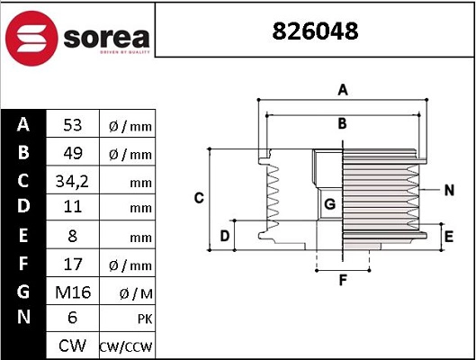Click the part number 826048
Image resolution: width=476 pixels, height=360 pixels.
pyautogui.click(x=315, y=31)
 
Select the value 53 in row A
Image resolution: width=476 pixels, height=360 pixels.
pyautogui.click(x=72, y=125)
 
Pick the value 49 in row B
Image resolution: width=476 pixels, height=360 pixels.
pyautogui.click(x=72, y=153)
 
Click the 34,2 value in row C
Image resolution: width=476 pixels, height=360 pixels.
pyautogui.click(x=72, y=181)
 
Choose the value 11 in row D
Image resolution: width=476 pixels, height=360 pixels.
pyautogui.click(x=72, y=208)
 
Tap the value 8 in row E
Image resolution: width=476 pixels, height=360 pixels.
pyautogui.click(x=72, y=237)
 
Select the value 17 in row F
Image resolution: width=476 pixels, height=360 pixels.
pyautogui.click(x=72, y=264)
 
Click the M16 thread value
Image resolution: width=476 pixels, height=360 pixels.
pyautogui.click(x=72, y=292)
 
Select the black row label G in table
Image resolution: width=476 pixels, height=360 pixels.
pyautogui.click(x=24, y=292)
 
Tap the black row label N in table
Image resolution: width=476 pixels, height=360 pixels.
pyautogui.click(x=24, y=319)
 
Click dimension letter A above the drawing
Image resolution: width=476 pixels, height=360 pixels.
pyautogui.click(x=342, y=89)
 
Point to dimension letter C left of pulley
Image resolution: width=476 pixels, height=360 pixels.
pyautogui.click(x=200, y=197)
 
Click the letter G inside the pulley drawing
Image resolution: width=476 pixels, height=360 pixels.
pyautogui.click(x=329, y=204)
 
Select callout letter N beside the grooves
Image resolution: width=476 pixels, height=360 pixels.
pyautogui.click(x=449, y=190)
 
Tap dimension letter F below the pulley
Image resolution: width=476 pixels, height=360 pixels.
pyautogui.click(x=342, y=280)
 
